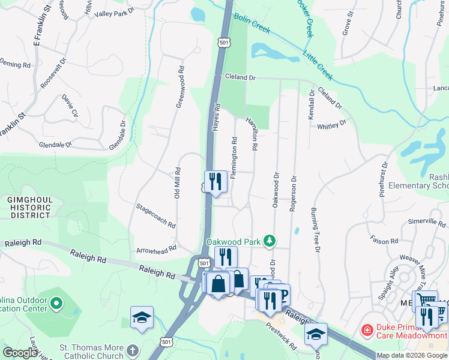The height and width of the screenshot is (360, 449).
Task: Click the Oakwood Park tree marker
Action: [x=270, y=241]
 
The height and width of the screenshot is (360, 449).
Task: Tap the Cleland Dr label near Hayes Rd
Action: [x=241, y=77]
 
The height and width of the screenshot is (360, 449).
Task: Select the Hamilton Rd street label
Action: [x=251, y=133]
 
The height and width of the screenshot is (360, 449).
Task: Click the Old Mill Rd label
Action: [x=177, y=183]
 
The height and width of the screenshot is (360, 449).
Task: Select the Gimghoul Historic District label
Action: [x=29, y=207]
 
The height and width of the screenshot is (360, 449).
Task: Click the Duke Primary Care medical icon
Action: [x=366, y=330]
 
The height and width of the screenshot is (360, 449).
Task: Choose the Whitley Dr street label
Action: [x=332, y=125]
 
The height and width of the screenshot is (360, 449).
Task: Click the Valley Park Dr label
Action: [x=116, y=13]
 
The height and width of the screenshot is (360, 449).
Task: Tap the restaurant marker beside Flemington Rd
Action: [x=215, y=182]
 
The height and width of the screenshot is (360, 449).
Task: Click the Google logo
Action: [x=20, y=353]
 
